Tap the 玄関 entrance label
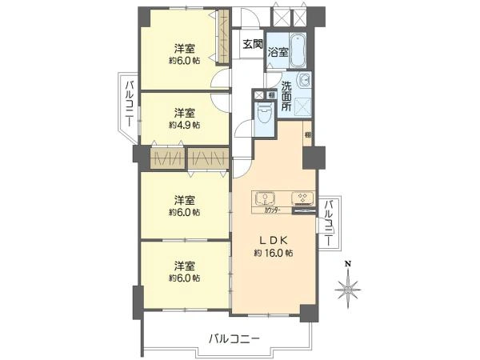[x=253, y=44]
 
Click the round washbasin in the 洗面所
[x=304, y=79]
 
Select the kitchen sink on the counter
[x=265, y=198]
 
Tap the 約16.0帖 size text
[x=274, y=253]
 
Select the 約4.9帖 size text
[x=184, y=126]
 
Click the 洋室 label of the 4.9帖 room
[x=184, y=113]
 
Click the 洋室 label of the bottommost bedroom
[x=184, y=266]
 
